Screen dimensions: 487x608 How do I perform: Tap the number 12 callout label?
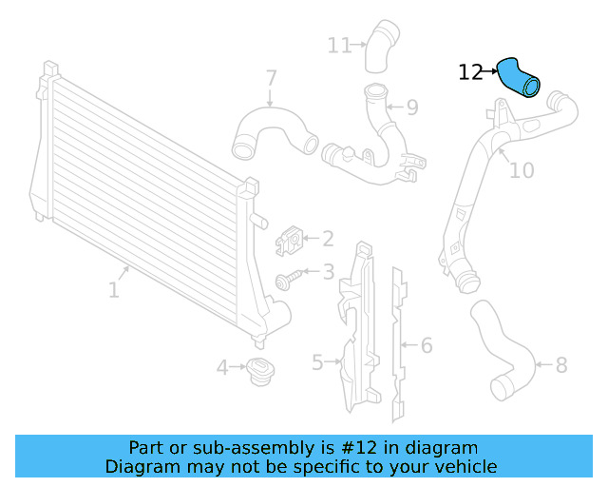coord(470,72)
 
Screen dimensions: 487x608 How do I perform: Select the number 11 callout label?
coord(339,44)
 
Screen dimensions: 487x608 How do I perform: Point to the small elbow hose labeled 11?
coord(377,46)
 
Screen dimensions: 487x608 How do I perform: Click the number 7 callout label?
coord(271,77)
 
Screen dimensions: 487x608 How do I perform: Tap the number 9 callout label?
coord(411,107)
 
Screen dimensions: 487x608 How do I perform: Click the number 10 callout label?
coord(522,170)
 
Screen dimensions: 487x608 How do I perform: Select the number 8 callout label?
coord(560,364)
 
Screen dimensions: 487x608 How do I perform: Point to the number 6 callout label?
coord(427,344)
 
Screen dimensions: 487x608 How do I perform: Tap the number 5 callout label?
coord(317,361)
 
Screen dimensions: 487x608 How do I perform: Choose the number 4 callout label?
coord(221,366)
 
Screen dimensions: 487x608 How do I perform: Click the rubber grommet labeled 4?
coord(257,372)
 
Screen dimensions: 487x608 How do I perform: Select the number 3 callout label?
coord(328,272)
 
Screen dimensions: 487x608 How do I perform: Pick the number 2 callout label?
coord(328,239)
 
